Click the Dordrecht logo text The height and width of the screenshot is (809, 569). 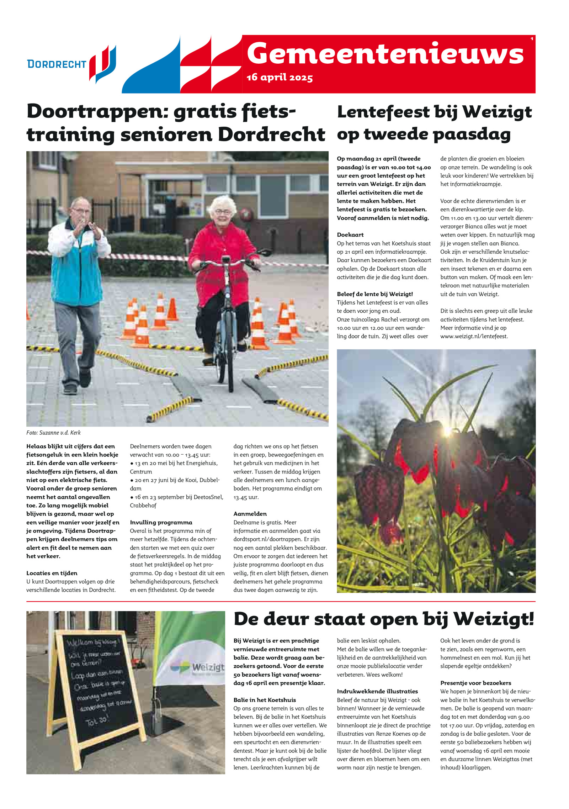(x=57, y=64)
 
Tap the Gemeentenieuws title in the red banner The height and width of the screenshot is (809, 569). (x=385, y=54)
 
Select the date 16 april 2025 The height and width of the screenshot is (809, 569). (x=280, y=78)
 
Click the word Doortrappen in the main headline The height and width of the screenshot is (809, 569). (x=93, y=112)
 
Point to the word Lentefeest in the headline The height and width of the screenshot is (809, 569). (x=383, y=112)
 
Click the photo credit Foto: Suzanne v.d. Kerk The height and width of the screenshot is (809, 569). (x=53, y=433)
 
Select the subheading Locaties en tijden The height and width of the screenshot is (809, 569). (x=52, y=573)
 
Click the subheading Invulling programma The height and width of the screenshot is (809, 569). (x=161, y=522)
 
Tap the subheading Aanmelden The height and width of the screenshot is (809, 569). (x=250, y=514)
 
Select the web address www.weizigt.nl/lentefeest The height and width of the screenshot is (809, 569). (x=474, y=336)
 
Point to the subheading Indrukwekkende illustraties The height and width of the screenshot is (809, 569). (x=377, y=691)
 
